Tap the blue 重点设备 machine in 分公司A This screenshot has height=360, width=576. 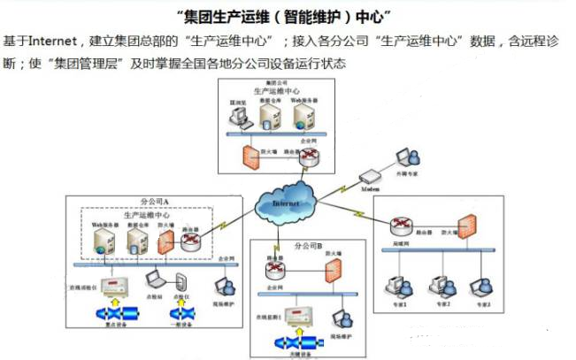(x=116, y=316)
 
